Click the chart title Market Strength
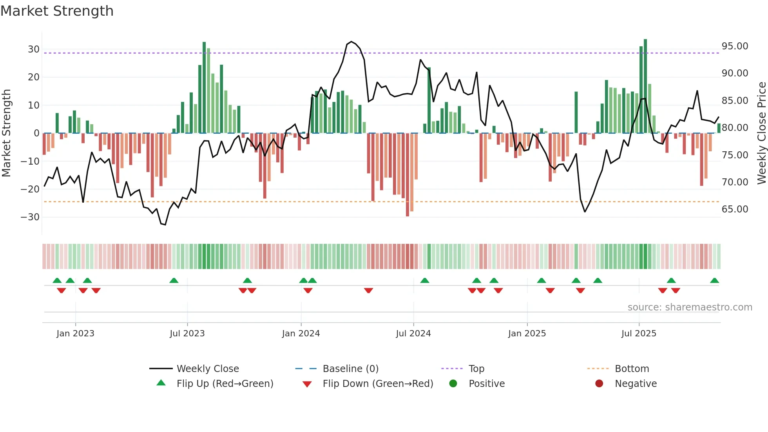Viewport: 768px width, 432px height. (x=57, y=11)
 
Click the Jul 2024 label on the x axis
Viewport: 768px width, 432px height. (x=413, y=333)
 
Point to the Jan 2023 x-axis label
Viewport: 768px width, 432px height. (x=75, y=333)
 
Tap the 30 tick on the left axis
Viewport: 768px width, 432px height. (x=34, y=49)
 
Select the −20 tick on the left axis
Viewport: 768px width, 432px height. (x=30, y=189)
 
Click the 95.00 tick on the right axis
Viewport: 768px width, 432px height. (x=735, y=46)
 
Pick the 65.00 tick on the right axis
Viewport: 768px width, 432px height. (x=735, y=209)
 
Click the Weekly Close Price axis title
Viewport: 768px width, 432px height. (x=761, y=133)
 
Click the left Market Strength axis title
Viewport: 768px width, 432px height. (x=6, y=133)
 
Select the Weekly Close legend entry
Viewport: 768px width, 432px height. (x=207, y=368)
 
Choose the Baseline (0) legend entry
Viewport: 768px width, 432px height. (x=350, y=368)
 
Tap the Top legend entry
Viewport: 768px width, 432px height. (x=476, y=368)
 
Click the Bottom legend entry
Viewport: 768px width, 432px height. (x=632, y=368)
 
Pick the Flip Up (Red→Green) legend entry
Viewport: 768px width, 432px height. (x=225, y=383)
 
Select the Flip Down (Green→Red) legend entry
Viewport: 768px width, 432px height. (x=378, y=383)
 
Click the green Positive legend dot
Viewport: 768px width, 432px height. (x=453, y=383)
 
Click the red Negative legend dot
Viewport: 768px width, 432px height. (x=599, y=383)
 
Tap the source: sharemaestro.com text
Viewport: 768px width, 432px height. (x=690, y=307)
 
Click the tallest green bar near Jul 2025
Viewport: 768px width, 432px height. (x=645, y=86)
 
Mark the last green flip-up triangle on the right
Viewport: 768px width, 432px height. (x=714, y=281)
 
